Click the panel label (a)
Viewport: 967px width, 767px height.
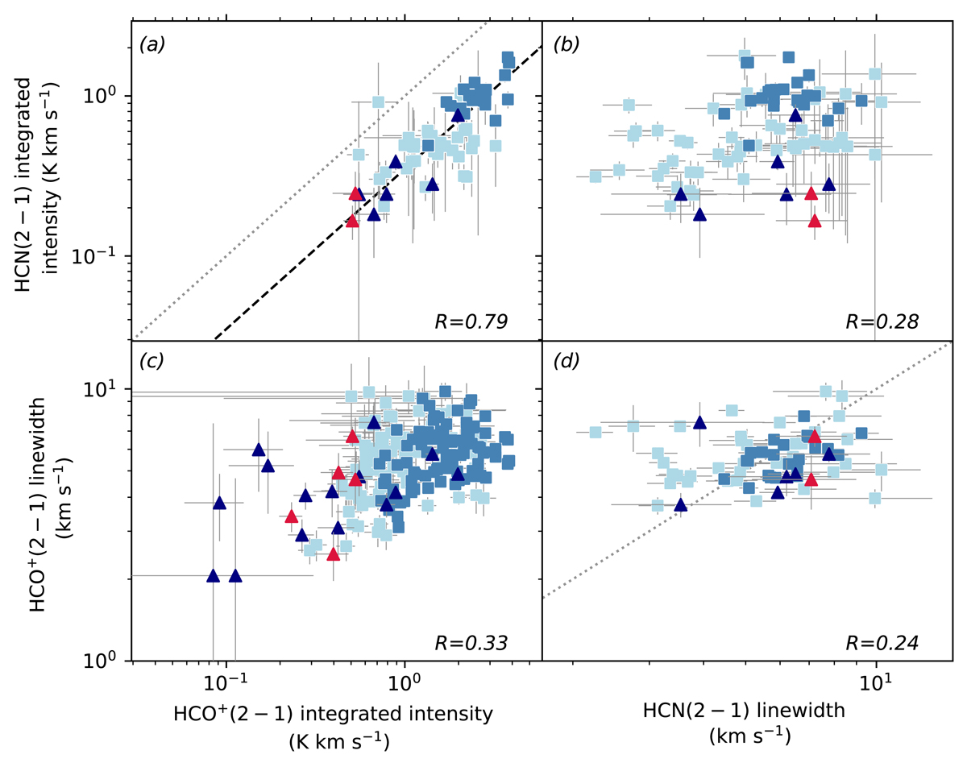tap(152, 45)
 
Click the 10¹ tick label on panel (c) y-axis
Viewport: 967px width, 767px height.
tap(108, 388)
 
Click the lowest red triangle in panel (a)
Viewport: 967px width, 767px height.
tap(352, 221)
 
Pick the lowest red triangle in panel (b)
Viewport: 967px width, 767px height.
tap(815, 221)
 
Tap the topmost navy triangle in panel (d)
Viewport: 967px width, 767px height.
tap(699, 422)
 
